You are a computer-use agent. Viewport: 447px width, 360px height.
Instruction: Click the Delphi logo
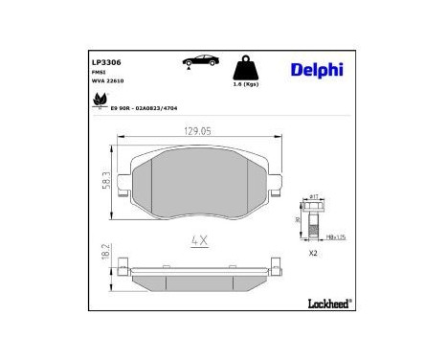coord(314,68)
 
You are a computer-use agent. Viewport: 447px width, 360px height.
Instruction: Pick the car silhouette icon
coord(198,61)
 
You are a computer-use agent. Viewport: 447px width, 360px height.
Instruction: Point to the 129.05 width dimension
coord(197,131)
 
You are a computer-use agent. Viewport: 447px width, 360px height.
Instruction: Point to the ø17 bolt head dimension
coord(315,195)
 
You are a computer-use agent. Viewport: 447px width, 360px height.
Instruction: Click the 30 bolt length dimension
coord(296,219)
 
